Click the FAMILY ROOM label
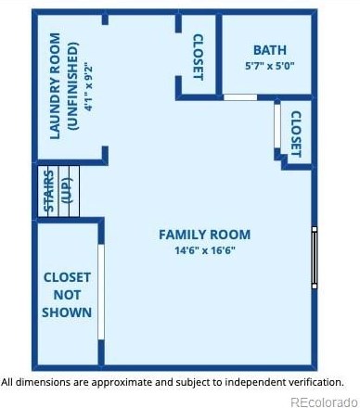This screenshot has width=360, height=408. (x=203, y=235)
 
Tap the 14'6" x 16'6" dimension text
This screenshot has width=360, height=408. (x=203, y=250)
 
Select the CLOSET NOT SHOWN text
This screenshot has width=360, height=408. (x=67, y=295)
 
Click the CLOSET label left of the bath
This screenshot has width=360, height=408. (x=198, y=57)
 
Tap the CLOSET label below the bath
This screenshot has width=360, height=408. (x=296, y=134)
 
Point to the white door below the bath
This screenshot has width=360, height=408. (x=240, y=96)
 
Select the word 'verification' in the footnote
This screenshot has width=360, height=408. (x=313, y=381)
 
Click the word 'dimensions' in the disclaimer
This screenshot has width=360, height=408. (x=42, y=381)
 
